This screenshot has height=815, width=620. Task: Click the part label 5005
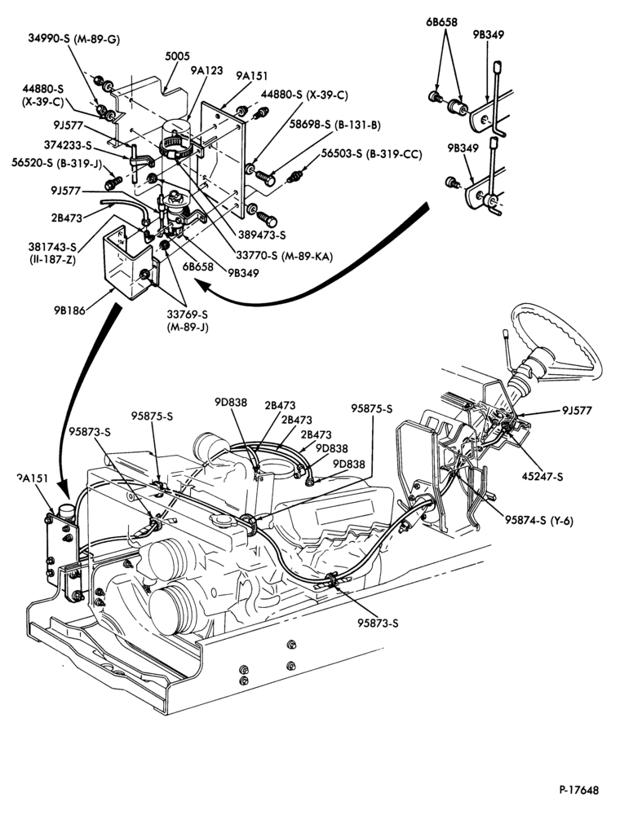(177, 56)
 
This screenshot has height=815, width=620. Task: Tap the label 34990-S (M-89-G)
(74, 39)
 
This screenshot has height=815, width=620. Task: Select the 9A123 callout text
(206, 70)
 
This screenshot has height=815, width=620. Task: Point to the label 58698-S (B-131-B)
(335, 125)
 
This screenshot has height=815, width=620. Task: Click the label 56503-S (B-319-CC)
(371, 154)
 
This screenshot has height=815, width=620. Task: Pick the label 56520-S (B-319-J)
(56, 163)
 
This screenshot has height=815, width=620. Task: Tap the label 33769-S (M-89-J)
(188, 321)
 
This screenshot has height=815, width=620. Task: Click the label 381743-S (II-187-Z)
(52, 253)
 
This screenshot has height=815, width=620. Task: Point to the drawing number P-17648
(579, 790)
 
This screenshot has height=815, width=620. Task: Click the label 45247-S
(542, 476)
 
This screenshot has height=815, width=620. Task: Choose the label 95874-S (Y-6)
(539, 520)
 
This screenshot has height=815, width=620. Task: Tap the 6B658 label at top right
(441, 22)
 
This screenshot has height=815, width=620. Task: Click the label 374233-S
(68, 146)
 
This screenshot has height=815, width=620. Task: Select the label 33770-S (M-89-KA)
(284, 256)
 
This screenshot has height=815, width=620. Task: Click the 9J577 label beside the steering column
(577, 410)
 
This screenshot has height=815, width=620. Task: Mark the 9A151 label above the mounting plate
(252, 77)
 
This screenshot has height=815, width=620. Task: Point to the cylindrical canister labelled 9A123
(178, 138)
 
